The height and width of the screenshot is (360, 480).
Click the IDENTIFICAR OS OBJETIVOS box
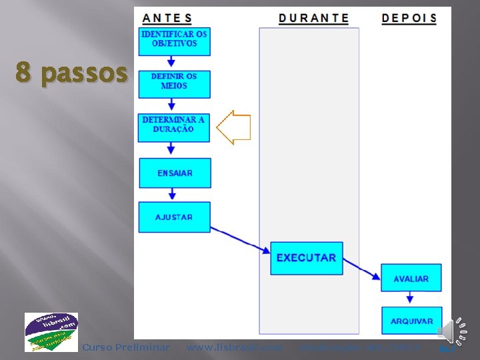[x=174, y=41]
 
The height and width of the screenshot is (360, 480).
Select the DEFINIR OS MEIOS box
[x=174, y=84]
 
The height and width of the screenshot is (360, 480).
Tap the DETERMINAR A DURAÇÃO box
[x=173, y=127]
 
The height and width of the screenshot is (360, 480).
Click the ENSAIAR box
[x=175, y=173]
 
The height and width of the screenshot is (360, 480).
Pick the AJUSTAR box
[x=174, y=217]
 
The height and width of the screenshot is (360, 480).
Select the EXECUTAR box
[x=306, y=257]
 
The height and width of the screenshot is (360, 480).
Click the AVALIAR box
[x=411, y=278]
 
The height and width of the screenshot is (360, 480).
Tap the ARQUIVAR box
[x=411, y=321]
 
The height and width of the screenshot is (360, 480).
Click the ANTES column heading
[x=167, y=18]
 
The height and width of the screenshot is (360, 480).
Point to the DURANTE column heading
[x=313, y=18]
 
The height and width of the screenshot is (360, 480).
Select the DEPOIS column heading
[x=409, y=18]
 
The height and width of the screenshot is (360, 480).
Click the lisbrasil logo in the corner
[x=51, y=332]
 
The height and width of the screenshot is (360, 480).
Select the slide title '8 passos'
[x=71, y=73]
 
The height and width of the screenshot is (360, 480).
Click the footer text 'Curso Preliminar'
[x=125, y=347]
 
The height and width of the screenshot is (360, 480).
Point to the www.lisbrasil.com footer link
[x=234, y=347]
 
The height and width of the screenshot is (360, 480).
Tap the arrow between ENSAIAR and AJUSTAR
[x=172, y=194]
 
